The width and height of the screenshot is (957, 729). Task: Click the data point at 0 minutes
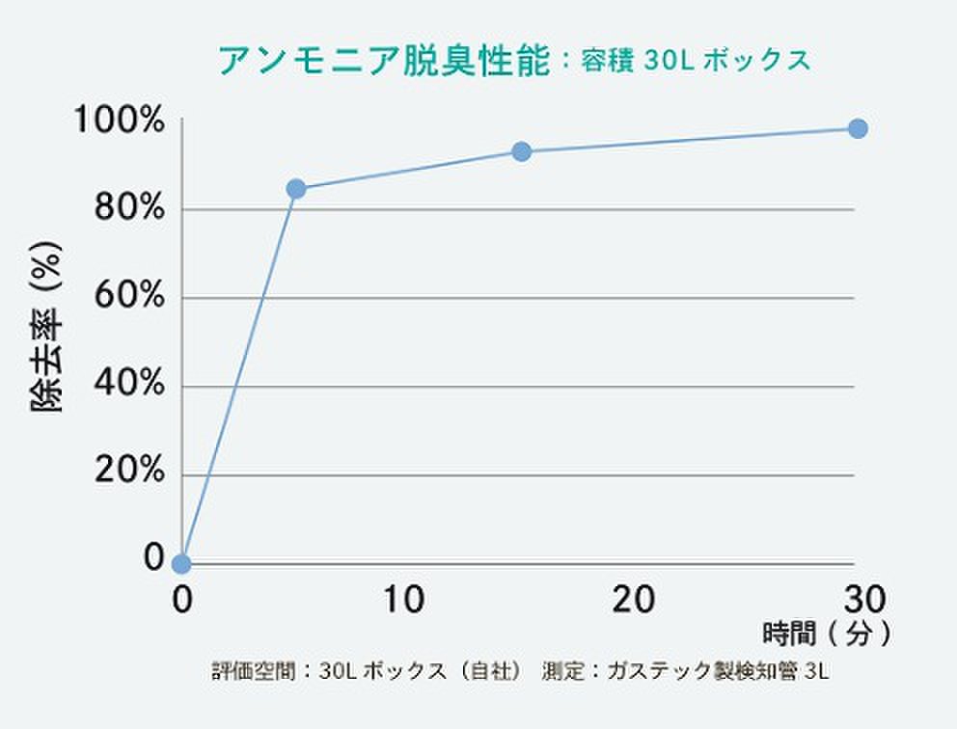[x=181, y=563]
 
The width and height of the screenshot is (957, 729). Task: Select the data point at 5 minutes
[x=296, y=188]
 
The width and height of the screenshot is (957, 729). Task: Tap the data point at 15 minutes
[x=522, y=151]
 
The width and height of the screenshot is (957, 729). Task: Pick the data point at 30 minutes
[x=857, y=128]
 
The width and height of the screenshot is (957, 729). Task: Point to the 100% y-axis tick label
[x=119, y=121]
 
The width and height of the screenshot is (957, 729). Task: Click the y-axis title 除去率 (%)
[x=48, y=327]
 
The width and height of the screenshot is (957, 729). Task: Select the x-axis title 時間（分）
[x=825, y=634]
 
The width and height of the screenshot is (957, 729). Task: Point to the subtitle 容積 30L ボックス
[x=695, y=61]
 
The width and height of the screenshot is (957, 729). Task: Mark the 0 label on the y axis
[x=153, y=556]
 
